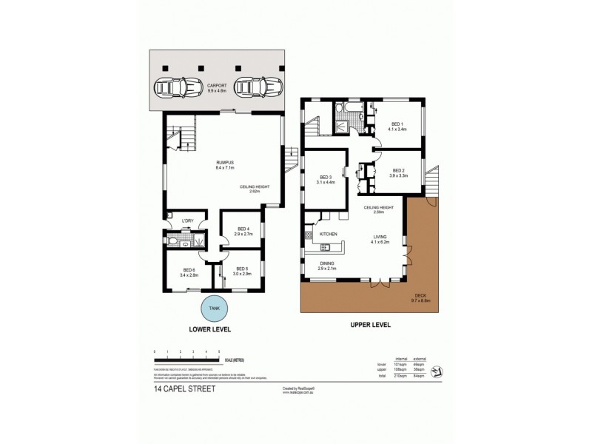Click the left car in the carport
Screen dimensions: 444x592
click(178, 88)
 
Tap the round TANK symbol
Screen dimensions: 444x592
click(214, 308)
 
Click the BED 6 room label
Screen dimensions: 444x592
click(188, 269)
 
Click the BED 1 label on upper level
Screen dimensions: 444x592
click(397, 124)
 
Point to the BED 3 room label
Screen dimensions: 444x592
click(326, 177)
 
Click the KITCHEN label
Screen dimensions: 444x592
click(329, 234)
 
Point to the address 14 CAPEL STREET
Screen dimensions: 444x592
click(184, 388)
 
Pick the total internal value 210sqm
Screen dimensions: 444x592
click(402, 376)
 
